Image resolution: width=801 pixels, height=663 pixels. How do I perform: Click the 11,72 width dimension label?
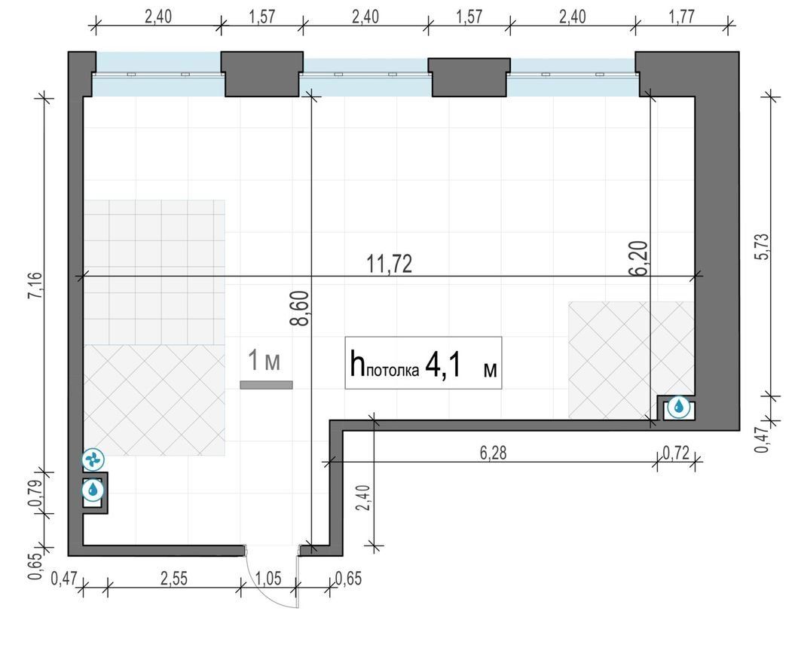390,264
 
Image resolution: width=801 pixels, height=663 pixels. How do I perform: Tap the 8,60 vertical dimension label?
299,308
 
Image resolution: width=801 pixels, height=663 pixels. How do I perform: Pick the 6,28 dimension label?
494,453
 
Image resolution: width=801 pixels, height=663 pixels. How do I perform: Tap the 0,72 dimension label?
676,453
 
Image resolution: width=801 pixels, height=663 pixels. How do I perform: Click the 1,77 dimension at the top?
682,17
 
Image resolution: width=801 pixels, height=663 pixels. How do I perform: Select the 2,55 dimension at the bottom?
173,579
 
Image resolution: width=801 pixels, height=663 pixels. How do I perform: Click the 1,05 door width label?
268,579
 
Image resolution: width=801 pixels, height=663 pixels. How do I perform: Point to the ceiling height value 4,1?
443,365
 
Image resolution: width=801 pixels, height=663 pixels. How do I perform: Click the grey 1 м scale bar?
266,385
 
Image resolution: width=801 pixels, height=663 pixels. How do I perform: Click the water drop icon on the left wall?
93,490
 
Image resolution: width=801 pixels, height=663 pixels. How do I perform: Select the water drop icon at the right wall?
679,407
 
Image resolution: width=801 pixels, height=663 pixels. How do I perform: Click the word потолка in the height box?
393,371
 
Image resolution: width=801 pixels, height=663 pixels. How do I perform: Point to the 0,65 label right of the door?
348,579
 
